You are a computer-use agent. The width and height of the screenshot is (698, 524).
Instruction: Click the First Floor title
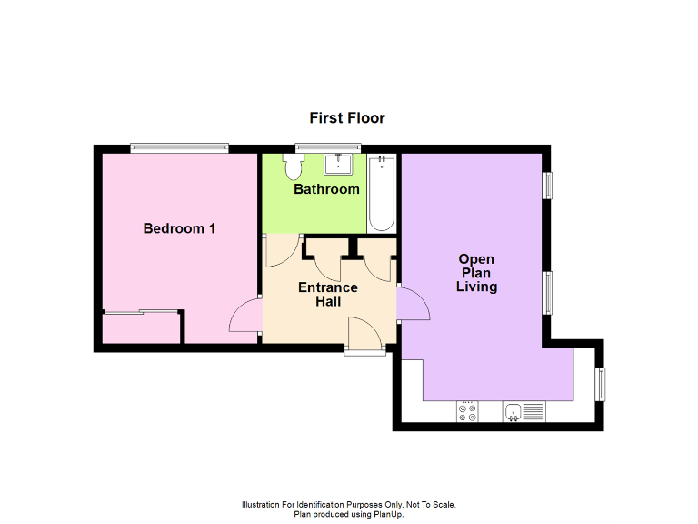(x=347, y=118)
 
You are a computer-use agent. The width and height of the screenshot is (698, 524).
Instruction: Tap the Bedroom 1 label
(x=179, y=228)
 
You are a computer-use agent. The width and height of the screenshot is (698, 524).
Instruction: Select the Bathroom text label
(x=326, y=189)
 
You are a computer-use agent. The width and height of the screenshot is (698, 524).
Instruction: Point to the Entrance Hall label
(x=328, y=294)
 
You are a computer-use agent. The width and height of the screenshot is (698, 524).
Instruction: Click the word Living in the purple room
(x=476, y=287)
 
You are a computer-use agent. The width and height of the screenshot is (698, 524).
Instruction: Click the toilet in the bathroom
(x=294, y=167)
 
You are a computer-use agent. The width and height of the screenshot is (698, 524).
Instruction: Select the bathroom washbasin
(x=339, y=164)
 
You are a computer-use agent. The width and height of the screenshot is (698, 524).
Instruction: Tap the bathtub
(x=382, y=193)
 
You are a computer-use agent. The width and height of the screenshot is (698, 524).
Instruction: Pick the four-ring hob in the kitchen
(x=469, y=412)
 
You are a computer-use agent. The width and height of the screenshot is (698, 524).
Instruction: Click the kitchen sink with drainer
(x=523, y=412)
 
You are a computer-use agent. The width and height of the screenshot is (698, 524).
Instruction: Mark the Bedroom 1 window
(x=178, y=147)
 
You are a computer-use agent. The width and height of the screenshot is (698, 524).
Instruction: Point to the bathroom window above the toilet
(x=327, y=147)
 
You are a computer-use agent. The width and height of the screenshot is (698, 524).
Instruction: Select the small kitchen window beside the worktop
(x=600, y=383)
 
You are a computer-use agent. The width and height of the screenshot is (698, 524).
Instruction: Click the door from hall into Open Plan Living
(x=413, y=305)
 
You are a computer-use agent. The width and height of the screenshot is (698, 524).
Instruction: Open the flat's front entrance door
(x=365, y=335)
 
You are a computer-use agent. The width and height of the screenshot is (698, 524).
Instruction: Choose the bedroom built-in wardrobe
(x=141, y=327)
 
